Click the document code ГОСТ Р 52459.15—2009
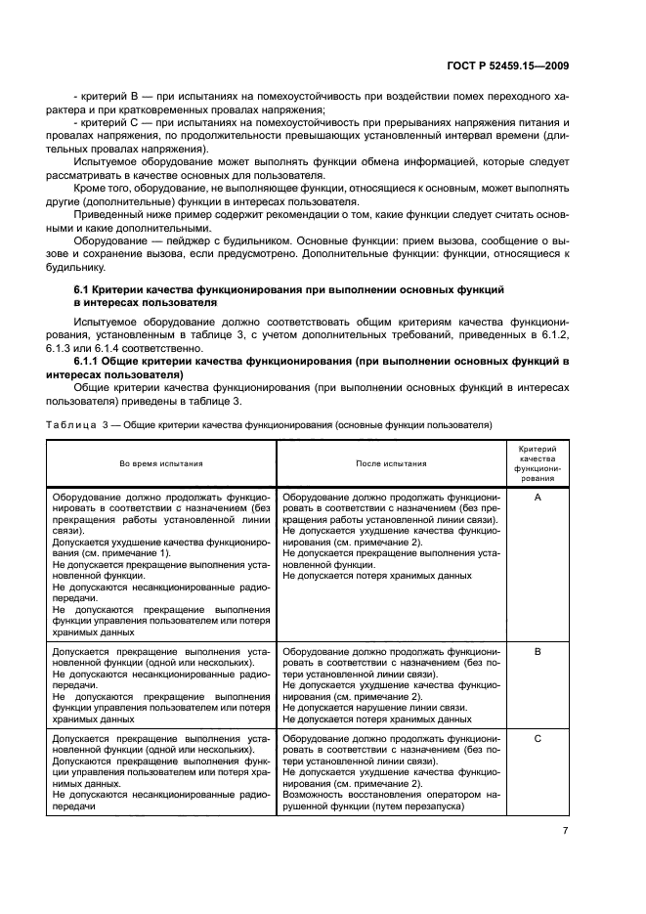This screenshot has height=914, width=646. point(500,66)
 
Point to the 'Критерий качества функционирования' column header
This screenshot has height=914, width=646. point(538,462)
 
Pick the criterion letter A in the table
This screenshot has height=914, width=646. point(538,498)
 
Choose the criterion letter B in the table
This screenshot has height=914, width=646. point(538,650)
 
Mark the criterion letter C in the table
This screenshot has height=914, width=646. point(538,738)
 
